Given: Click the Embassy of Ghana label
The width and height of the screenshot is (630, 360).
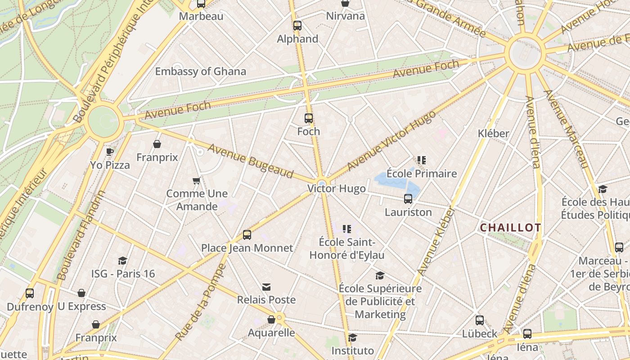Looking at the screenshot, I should coord(200,72).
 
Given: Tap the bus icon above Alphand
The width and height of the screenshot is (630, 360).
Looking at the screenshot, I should coord(297,26).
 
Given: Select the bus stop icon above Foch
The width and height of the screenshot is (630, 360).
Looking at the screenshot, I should coord(308,118).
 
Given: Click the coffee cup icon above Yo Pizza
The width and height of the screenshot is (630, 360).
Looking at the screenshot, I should coord(110,152).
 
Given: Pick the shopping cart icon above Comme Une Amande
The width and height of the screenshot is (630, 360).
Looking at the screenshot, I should coord(196,181).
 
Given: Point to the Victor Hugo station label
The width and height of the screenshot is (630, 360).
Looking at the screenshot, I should coord(337,189).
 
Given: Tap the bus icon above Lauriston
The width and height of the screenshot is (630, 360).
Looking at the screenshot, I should coord(408,198).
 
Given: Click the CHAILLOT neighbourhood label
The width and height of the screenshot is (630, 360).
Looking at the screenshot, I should coord(510,228).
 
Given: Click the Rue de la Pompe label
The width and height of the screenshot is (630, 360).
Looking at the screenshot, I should coord(201,302).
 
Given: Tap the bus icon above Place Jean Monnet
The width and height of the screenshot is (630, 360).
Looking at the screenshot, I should coord(247,234).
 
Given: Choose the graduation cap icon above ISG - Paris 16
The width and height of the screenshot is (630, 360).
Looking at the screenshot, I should coord(122,261).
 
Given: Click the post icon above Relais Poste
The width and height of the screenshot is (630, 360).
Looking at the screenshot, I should coord(266,287).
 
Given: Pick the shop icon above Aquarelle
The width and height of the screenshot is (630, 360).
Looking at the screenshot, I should coord(271,319).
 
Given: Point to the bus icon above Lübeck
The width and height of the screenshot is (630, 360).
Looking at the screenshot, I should coord(480,320).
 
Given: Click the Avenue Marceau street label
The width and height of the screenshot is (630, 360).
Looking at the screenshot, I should coord(566,129).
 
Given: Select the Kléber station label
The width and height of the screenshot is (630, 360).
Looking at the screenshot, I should coord(494,134).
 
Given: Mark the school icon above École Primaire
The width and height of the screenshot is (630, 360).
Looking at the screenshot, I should coord(422,160).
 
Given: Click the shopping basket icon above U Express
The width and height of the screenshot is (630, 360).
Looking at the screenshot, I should coord(81,293).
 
